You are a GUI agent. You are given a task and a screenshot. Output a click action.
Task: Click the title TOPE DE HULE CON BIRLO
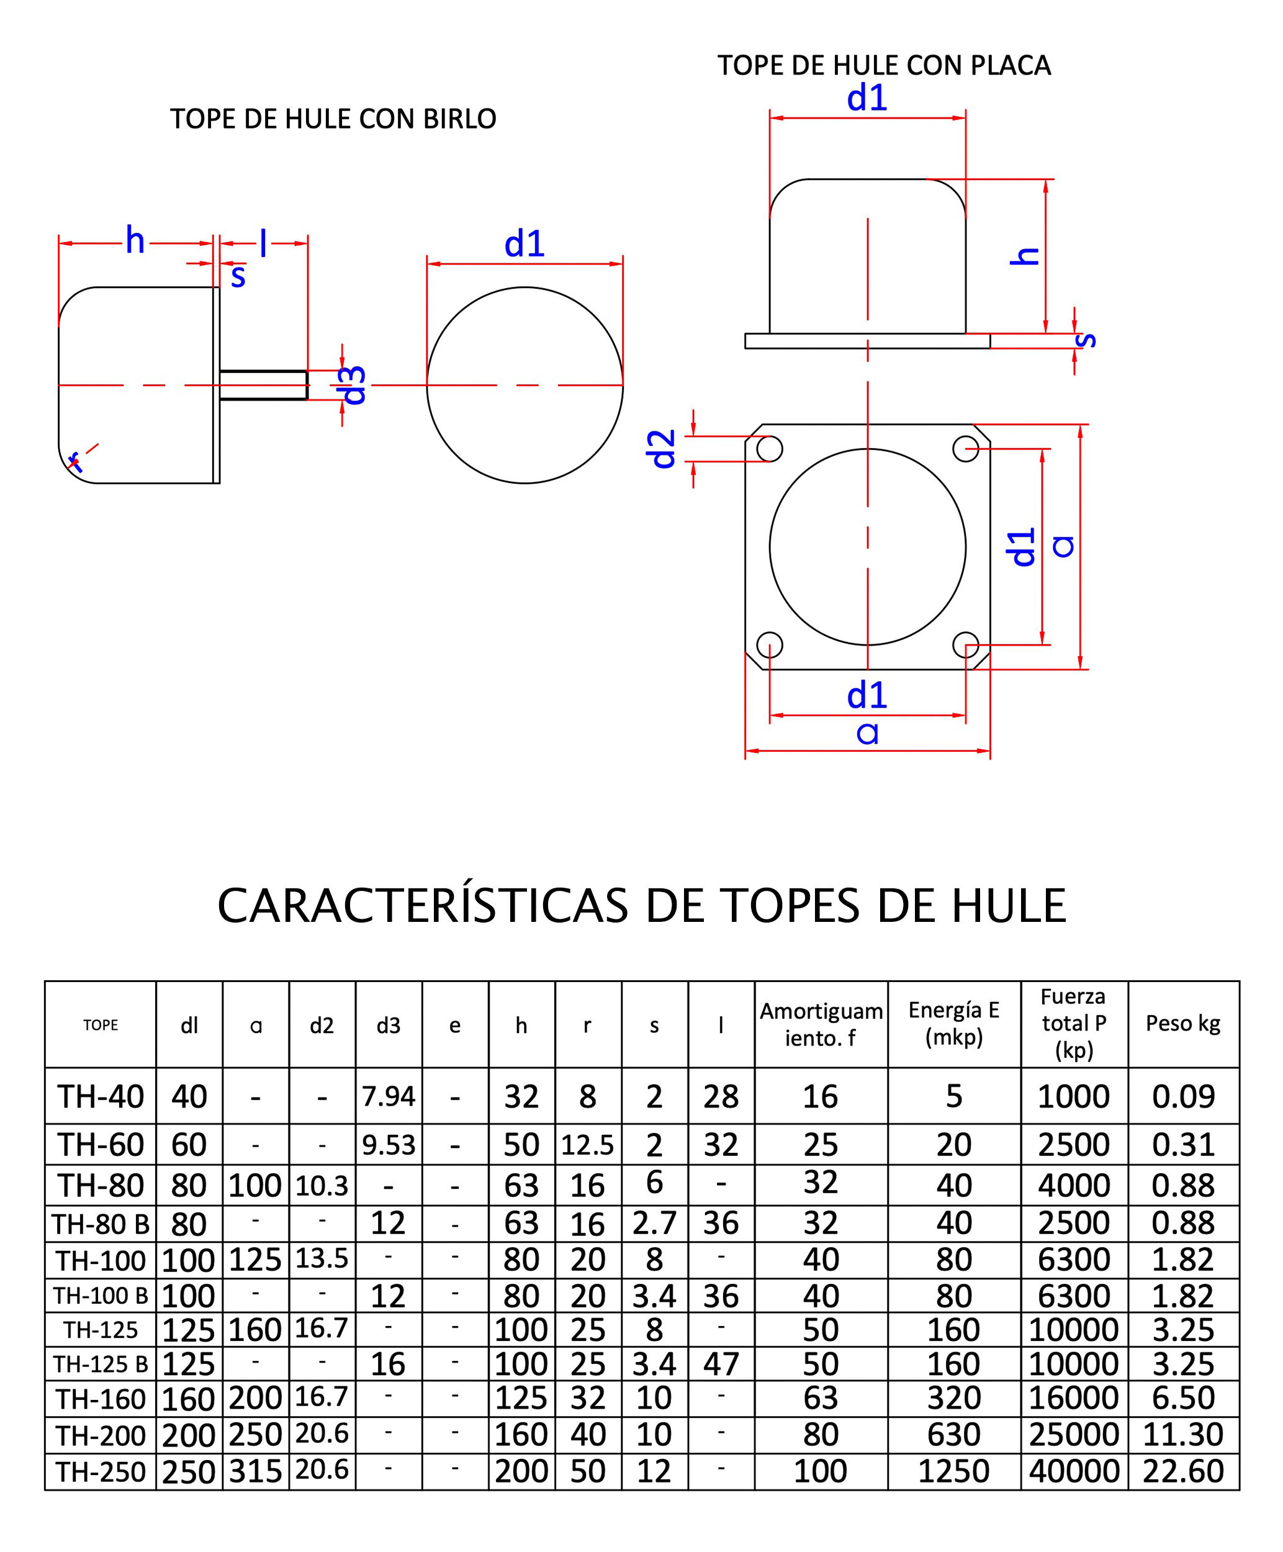tap(333, 118)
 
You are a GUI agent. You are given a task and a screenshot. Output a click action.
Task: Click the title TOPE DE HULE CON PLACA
tap(883, 65)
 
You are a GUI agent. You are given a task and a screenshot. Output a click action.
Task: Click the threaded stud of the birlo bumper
tap(263, 385)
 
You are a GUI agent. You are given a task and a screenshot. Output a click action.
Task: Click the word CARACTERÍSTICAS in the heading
tap(422, 906)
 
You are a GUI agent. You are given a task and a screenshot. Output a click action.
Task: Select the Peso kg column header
tap(1182, 1024)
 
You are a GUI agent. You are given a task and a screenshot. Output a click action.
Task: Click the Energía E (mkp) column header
tap(953, 1023)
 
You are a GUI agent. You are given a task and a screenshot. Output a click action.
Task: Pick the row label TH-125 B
tap(101, 1363)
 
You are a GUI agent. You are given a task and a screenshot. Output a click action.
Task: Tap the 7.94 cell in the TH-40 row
tap(389, 1096)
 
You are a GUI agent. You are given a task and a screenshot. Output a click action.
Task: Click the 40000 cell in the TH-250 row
tap(1074, 1471)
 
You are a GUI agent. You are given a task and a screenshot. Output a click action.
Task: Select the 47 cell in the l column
tap(721, 1363)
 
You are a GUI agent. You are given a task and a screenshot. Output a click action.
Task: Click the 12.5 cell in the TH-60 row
tap(588, 1145)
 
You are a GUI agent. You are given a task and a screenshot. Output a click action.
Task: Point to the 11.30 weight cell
tap(1182, 1434)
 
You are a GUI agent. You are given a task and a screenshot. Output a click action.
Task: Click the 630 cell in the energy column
tap(953, 1434)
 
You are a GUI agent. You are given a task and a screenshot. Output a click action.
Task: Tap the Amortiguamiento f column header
tap(821, 1024)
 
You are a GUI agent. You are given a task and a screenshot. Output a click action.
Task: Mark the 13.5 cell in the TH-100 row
tap(322, 1258)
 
